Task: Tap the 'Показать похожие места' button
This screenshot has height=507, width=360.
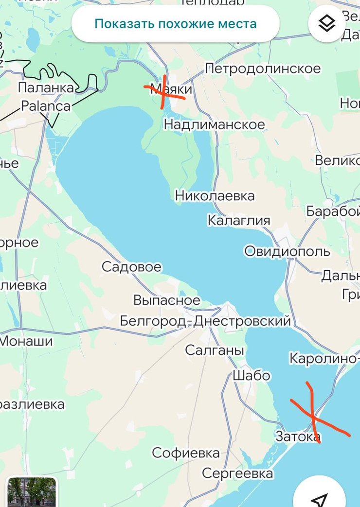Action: [175, 23]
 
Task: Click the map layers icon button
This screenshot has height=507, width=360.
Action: [326, 23]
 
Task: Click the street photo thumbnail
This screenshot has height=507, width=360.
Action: [32, 492]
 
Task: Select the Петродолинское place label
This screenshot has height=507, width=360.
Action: [263, 69]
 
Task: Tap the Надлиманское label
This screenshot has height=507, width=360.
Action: [214, 124]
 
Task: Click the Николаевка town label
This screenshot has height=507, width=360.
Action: [215, 196]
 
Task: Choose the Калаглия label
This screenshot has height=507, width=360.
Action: [238, 220]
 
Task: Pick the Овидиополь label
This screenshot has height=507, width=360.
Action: [287, 251]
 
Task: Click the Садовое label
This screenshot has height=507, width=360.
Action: [131, 267]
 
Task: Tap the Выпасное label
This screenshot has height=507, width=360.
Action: [166, 300]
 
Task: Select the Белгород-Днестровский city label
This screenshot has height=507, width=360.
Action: [205, 321]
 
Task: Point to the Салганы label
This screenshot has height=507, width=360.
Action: [214, 350]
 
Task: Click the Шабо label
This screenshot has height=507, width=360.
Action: [251, 376]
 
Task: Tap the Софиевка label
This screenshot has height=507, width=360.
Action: [186, 453]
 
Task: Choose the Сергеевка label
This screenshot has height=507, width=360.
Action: [237, 473]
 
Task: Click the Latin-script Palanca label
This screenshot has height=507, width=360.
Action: [46, 105]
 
